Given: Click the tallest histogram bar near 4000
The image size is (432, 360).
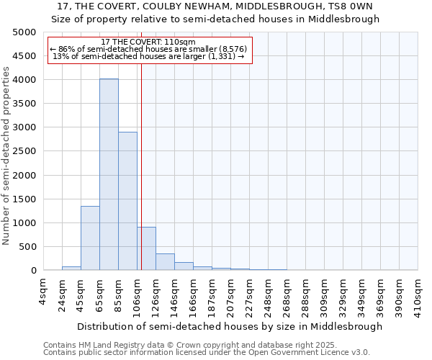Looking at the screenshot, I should [x=109, y=174].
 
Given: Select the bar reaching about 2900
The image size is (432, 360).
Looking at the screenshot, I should [x=127, y=201].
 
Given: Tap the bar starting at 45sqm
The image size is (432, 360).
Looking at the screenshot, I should [x=90, y=238].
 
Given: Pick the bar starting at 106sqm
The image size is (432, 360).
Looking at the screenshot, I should [x=146, y=248].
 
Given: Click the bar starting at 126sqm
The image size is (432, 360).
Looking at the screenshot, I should [x=165, y=262].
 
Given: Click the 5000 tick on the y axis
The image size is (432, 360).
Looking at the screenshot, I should [x=24, y=32].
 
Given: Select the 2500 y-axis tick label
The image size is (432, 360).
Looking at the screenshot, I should [x=24, y=151].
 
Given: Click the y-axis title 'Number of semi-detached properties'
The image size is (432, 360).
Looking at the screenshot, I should [x=6, y=156].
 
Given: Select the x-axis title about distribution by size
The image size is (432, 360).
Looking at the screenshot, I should [x=230, y=326].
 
